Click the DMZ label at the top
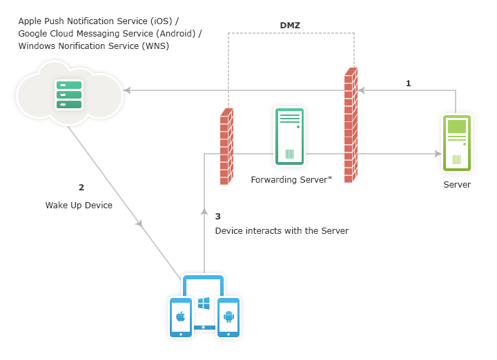[x=290, y=26]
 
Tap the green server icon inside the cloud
[x=68, y=94]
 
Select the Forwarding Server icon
[x=289, y=137]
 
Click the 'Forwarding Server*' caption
[x=291, y=179]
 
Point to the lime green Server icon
[x=456, y=143]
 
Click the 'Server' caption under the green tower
[x=457, y=185]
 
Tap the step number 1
[x=408, y=83]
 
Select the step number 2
[x=81, y=187]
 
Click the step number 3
[x=217, y=216]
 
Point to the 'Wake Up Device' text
[x=79, y=206]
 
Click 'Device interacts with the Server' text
[x=282, y=231]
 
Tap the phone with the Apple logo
[x=180, y=317]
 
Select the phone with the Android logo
[x=228, y=317]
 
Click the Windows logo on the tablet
[x=204, y=303]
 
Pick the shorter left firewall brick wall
[x=226, y=146]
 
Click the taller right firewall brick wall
[x=351, y=125]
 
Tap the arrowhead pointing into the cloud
[x=127, y=90]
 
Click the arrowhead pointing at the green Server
[x=438, y=154]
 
